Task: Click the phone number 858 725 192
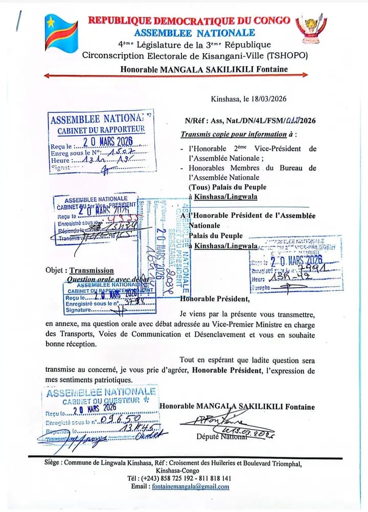coord(169,478)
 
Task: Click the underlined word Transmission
coord(92,270)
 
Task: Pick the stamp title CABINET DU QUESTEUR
coord(99,400)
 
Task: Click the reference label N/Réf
coord(195,121)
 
